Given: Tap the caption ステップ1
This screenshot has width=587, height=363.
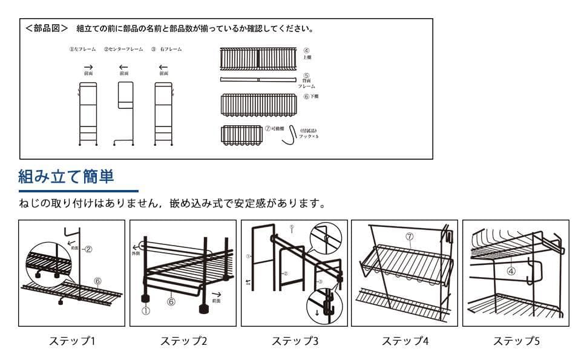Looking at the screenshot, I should click(71, 341).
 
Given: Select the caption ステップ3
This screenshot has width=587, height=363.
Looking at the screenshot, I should click(294, 341).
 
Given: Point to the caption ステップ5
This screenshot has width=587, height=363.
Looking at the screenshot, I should click(516, 341).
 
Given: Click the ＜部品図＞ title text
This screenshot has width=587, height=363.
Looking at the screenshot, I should click(47, 28).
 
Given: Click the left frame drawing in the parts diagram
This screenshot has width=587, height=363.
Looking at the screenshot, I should click(88, 114).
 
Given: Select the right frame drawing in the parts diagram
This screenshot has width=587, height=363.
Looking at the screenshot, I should click(163, 114).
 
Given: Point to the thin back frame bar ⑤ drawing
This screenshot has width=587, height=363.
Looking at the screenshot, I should click(258, 80).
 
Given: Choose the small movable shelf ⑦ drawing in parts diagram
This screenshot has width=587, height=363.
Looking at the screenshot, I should click(241, 134).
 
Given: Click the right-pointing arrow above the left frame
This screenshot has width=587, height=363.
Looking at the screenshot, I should click(88, 67).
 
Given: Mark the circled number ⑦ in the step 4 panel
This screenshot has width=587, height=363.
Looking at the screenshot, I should click(409, 237).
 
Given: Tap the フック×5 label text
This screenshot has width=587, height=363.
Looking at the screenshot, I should click(308, 136).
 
